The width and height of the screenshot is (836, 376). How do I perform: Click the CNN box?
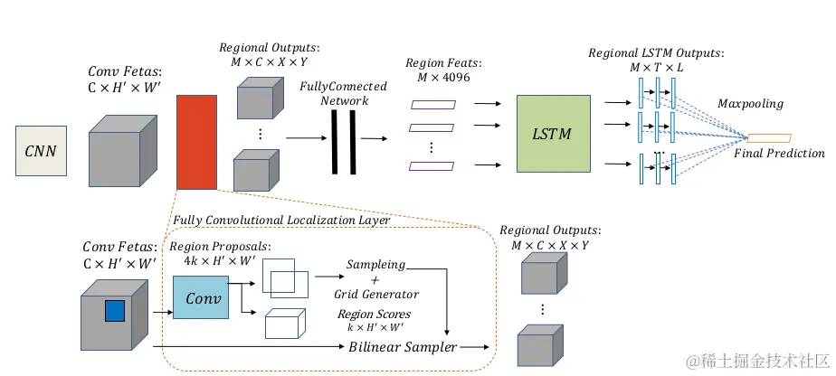tap(41, 150)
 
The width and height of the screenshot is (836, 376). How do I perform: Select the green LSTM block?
tap(552, 133)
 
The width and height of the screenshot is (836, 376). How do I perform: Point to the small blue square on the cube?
tap(115, 311)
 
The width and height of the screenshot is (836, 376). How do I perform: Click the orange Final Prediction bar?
tap(769, 138)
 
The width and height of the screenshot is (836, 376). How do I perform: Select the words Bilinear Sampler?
tap(404, 346)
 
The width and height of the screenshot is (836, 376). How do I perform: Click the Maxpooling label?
tap(750, 104)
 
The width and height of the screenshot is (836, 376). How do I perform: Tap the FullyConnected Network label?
tap(344, 93)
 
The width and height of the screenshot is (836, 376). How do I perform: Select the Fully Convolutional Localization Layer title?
tap(281, 220)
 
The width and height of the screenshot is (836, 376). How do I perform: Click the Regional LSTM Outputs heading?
tap(645, 53)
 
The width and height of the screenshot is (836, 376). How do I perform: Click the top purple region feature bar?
tap(433, 105)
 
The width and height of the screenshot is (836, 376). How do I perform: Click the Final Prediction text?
tap(779, 154)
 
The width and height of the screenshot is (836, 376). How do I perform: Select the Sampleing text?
tap(375, 265)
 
